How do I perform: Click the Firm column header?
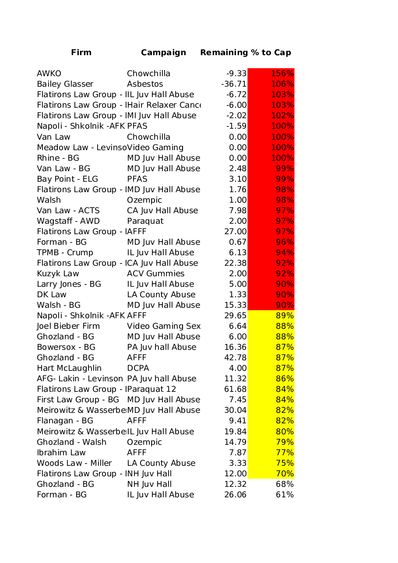tap(81, 53)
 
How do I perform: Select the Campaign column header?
tap(163, 53)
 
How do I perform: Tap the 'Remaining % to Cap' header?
tap(245, 53)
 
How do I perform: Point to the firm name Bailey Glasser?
tap(65, 84)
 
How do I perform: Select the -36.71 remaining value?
tap(234, 84)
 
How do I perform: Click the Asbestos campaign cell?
tap(145, 84)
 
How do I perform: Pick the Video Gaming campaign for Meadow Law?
tap(155, 148)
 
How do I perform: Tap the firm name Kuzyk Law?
tap(58, 274)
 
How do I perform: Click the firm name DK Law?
tap(52, 295)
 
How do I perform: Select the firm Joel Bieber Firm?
tap(68, 326)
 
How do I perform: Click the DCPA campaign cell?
tap(138, 368)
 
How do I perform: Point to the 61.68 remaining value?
tap(236, 389)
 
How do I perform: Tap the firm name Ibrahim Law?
tap(61, 453)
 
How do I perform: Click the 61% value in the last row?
tap(285, 495)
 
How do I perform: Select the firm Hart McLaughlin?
tap(69, 368)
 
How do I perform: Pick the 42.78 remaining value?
tap(236, 358)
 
